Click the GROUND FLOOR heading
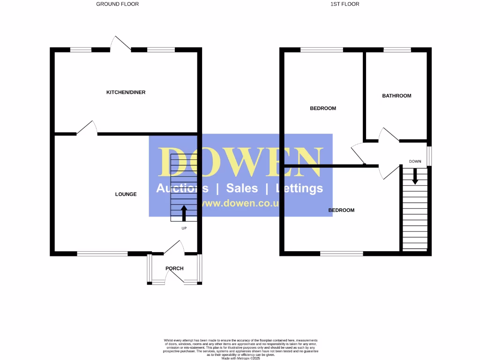(117, 4)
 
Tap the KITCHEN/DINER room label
(126, 92)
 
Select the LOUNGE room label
(126, 194)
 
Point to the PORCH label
(174, 269)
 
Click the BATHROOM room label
(397, 96)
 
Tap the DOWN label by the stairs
(415, 161)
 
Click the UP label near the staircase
(184, 228)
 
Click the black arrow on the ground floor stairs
(183, 213)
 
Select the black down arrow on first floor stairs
(415, 176)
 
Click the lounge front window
(102, 254)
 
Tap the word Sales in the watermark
(242, 188)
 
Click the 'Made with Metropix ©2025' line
(240, 357)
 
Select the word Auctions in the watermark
(182, 188)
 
